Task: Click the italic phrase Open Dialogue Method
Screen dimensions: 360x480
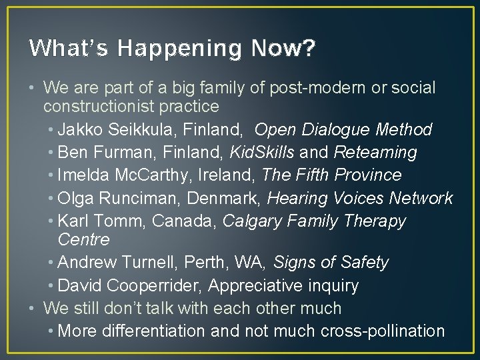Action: pos(343,129)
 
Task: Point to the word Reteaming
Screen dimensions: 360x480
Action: pos(375,152)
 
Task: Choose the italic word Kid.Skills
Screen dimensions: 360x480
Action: pos(261,152)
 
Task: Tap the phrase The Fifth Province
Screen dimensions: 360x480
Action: pos(331,175)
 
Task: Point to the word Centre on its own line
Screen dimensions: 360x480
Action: pos(84,239)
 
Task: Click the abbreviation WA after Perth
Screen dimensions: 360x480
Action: pos(248,263)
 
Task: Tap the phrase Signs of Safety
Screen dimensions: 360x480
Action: pos(331,263)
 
